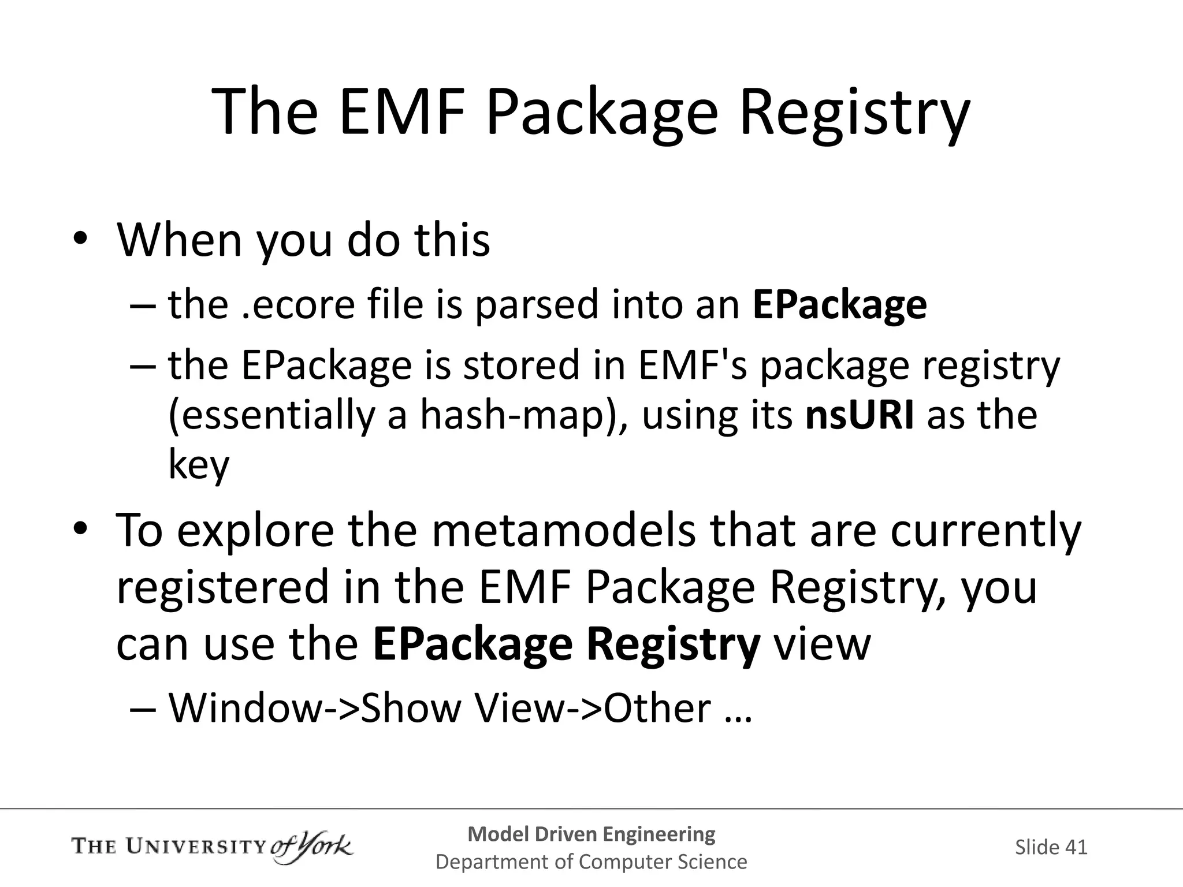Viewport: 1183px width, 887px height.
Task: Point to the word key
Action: [198, 464]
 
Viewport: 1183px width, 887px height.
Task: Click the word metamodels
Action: [564, 531]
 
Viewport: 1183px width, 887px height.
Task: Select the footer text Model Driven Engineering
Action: [591, 834]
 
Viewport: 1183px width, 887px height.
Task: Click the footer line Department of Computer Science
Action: [591, 862]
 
